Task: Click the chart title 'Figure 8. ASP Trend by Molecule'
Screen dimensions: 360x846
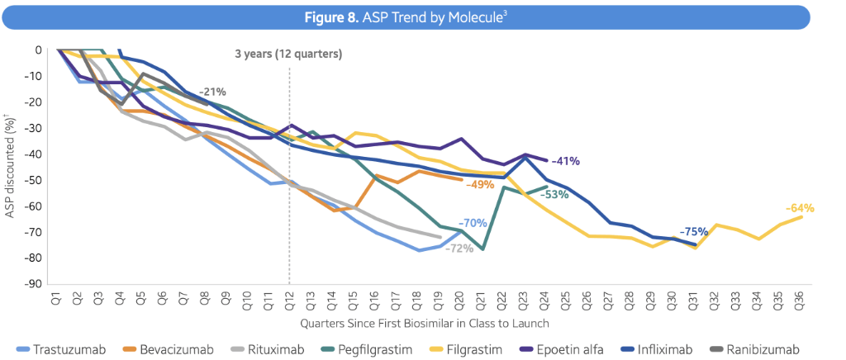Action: point(422,15)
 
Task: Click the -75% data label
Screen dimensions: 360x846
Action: point(694,232)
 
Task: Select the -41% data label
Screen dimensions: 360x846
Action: point(566,161)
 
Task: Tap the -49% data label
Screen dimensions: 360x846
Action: point(480,185)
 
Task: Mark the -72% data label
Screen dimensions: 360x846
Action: point(459,248)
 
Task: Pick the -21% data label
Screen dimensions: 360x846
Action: point(212,92)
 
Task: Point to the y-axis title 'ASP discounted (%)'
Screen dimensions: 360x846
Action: point(11,167)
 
